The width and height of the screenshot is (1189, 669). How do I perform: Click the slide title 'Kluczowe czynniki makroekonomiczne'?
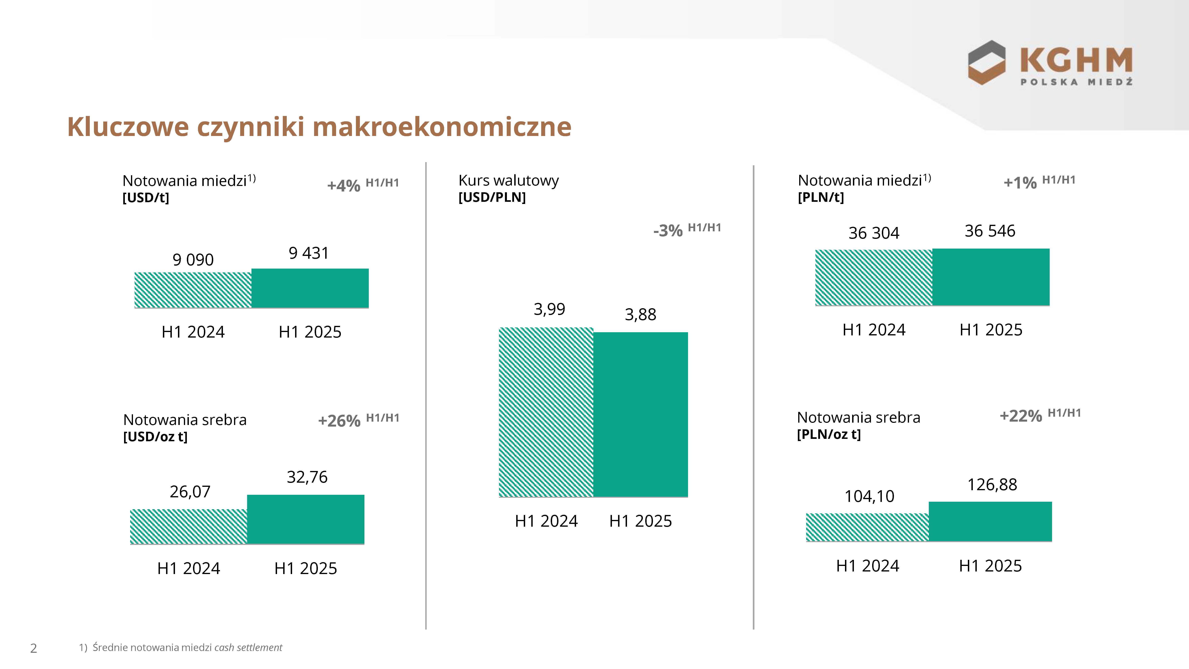[x=319, y=127]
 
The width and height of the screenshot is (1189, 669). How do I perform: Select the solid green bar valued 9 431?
[x=310, y=288]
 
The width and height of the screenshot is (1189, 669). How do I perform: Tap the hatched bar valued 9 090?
[x=193, y=290]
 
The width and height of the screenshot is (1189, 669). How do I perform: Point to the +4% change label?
[x=343, y=186]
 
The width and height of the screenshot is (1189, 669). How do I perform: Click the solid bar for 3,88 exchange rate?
[x=641, y=415]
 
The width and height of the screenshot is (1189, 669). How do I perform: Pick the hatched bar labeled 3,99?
[x=546, y=412]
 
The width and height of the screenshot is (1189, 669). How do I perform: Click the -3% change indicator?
[x=668, y=230]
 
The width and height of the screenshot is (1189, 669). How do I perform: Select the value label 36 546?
[x=990, y=231]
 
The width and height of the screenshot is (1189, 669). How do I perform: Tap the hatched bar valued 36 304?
[x=874, y=278]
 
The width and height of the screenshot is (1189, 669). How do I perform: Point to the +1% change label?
[x=1020, y=183]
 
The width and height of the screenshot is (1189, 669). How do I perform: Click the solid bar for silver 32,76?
[x=306, y=519]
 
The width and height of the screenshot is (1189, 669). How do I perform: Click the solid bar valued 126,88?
[x=990, y=521]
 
